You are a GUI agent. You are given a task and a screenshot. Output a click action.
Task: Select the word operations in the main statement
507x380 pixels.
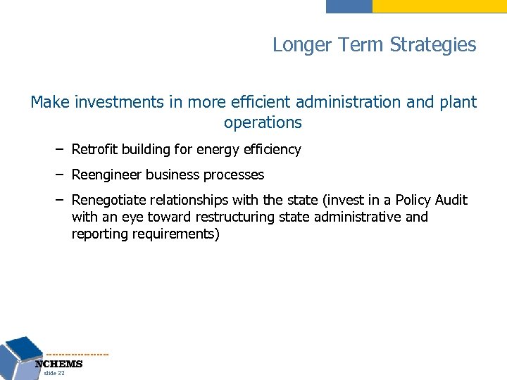pyautogui.click(x=263, y=122)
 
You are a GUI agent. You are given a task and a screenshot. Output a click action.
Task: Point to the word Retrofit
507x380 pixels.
pyautogui.click(x=94, y=149)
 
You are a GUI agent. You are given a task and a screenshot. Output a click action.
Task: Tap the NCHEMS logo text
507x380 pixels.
pyautogui.click(x=59, y=364)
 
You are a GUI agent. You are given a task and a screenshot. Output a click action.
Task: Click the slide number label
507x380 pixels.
pyautogui.click(x=54, y=374)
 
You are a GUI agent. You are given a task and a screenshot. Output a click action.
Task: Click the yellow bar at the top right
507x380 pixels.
pyautogui.click(x=439, y=6)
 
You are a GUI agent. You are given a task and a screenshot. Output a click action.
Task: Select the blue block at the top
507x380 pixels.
pyautogui.click(x=349, y=6)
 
